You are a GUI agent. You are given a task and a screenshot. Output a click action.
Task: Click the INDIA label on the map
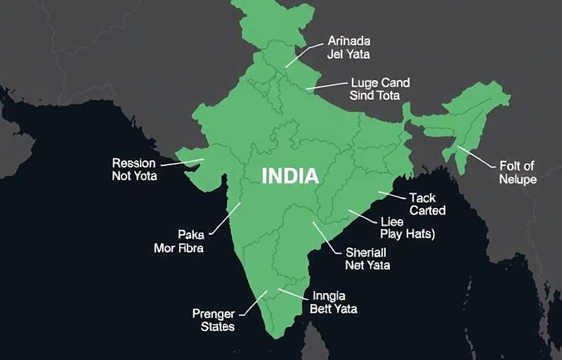[290, 175]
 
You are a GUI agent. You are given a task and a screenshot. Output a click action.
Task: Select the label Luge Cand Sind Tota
[379, 89]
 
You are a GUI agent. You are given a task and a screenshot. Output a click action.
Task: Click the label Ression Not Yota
[134, 169]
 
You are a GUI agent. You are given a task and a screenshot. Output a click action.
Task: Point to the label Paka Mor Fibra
[178, 240]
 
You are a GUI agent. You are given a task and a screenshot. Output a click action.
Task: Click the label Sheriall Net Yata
[367, 258]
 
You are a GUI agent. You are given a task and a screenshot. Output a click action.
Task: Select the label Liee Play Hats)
[407, 228]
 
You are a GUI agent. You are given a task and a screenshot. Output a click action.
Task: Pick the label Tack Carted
[427, 204]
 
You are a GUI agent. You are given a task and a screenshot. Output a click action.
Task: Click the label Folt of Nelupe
[518, 172]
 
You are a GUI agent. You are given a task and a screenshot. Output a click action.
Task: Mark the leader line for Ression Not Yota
[182, 162]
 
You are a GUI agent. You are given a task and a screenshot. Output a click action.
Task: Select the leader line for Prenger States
[254, 305]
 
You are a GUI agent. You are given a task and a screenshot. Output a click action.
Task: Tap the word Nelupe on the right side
[518, 179]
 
